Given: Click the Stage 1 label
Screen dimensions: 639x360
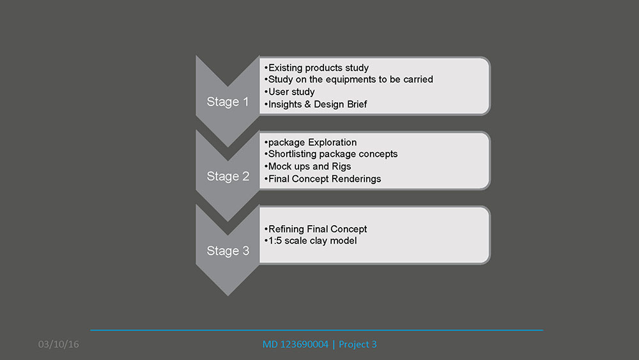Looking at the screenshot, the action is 227,102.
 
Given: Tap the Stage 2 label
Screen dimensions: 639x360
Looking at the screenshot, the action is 228,176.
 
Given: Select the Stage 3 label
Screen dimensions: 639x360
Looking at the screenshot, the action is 228,251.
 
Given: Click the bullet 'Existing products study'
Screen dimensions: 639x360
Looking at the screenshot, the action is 316,68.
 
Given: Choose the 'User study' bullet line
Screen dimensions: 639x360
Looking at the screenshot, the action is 289,91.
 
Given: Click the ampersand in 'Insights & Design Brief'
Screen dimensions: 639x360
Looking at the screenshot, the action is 307,104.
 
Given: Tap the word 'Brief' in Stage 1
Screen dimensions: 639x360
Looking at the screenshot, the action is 357,104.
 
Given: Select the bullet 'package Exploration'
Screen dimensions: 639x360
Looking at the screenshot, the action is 310,143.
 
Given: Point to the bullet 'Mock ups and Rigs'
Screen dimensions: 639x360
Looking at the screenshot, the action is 307,166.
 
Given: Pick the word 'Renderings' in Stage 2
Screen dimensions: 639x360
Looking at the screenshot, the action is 356,179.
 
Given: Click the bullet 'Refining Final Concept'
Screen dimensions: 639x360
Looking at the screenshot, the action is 316,229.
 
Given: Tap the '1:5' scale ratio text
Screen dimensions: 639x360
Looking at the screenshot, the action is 275,240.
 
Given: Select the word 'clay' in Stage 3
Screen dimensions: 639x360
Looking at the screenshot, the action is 318,241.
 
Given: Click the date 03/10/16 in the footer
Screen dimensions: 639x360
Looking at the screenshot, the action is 58,344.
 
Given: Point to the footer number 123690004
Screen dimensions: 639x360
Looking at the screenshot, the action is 304,344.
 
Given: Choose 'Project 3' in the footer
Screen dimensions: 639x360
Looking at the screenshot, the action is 358,345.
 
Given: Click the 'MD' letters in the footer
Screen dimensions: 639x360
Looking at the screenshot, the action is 270,344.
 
